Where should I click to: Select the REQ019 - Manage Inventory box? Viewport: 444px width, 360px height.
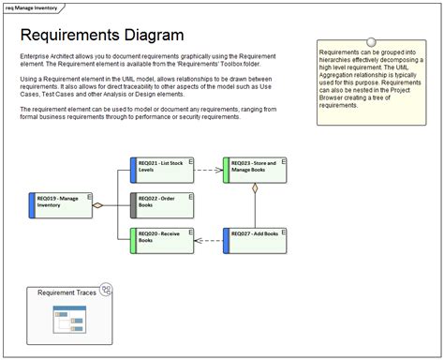coord(62,205)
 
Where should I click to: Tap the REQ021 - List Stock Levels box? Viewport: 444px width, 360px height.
coord(161,170)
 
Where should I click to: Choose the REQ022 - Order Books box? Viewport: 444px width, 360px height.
coord(161,203)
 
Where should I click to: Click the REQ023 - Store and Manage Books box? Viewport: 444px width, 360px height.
coord(254,170)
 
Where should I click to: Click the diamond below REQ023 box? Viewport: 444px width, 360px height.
coord(254,189)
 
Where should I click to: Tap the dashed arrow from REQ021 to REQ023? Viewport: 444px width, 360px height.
coord(208,171)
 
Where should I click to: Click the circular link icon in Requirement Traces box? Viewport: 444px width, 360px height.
coord(105,291)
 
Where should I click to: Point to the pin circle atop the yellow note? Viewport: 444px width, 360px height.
coord(372,43)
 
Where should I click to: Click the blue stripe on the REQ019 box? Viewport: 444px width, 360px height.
coord(33,205)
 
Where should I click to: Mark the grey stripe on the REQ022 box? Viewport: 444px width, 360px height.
coord(133,203)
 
